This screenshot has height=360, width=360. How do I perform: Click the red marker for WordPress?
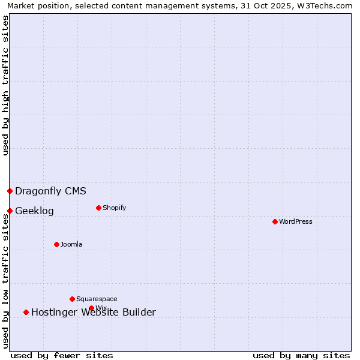pyautogui.click(x=275, y=221)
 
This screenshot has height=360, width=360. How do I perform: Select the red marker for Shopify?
pyautogui.click(x=98, y=208)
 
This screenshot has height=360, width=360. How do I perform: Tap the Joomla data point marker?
pyautogui.click(x=56, y=244)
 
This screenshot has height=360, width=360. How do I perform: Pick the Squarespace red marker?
pyautogui.click(x=72, y=299)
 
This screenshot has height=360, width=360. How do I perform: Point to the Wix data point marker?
pyautogui.click(x=91, y=308)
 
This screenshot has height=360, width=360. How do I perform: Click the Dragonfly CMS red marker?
pyautogui.click(x=10, y=191)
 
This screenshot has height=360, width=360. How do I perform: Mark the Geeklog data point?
pyautogui.click(x=10, y=211)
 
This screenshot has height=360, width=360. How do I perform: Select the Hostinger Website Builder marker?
pyautogui.click(x=26, y=312)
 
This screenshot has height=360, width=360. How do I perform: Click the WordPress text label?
pyautogui.click(x=296, y=221)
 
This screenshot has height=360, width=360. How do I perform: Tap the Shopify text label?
pyautogui.click(x=114, y=208)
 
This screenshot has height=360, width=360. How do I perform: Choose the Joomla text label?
pyautogui.click(x=71, y=244)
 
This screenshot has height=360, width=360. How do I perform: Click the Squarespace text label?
pyautogui.click(x=97, y=299)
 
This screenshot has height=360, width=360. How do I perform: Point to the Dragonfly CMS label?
pyautogui.click(x=50, y=191)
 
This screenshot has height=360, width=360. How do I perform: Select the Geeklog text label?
pyautogui.click(x=34, y=211)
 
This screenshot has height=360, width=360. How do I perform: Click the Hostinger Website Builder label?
pyautogui.click(x=93, y=312)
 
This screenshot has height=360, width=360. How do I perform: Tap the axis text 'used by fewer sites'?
pyautogui.click(x=62, y=355)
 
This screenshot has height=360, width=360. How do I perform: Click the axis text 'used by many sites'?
pyautogui.click(x=301, y=355)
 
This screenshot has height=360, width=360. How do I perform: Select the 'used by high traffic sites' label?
pyautogui.click(x=5, y=85)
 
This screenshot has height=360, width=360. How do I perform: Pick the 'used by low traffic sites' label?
pyautogui.click(x=5, y=281)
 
